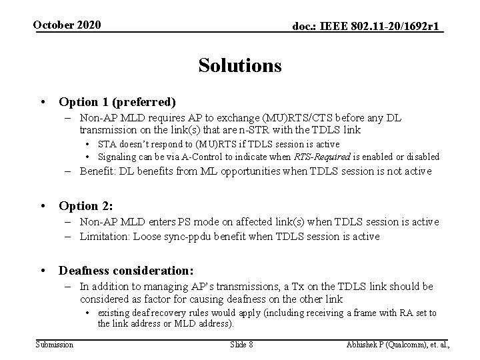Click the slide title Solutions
[x=239, y=66]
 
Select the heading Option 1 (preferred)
[x=117, y=102]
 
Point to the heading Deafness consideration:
[x=126, y=271]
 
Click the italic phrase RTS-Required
[x=321, y=157]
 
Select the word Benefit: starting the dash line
[x=99, y=172]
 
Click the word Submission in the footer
[x=55, y=344]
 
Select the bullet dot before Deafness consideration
[x=44, y=271]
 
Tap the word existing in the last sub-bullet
[x=113, y=313]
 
